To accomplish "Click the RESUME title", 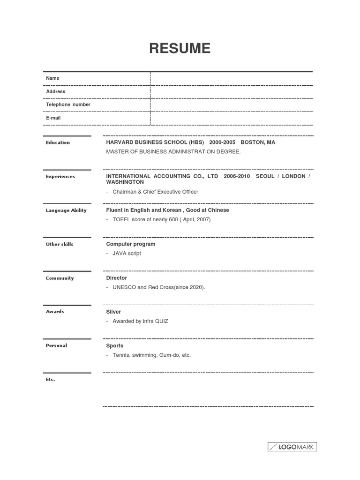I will pyautogui.click(x=180, y=48).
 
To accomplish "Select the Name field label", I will pyautogui.click(x=53, y=78).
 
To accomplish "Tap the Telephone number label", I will pyautogui.click(x=68, y=105).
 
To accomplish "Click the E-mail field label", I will pyautogui.click(x=53, y=118).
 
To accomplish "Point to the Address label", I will pyautogui.click(x=56, y=91).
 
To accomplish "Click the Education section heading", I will pyautogui.click(x=58, y=142).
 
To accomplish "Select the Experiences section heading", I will pyautogui.click(x=60, y=177).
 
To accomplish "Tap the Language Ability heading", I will pyautogui.click(x=66, y=210).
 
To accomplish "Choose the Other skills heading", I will pyautogui.click(x=60, y=244).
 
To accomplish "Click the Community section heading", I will pyautogui.click(x=60, y=278).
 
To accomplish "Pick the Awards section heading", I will pyautogui.click(x=55, y=312).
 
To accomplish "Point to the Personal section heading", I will pyautogui.click(x=56, y=345).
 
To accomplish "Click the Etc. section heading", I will pyautogui.click(x=51, y=379).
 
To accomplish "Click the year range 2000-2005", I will pyautogui.click(x=223, y=142).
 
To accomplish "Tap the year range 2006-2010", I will pyautogui.click(x=237, y=176).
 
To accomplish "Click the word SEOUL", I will pyautogui.click(x=266, y=176).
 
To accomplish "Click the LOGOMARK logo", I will pyautogui.click(x=292, y=447).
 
